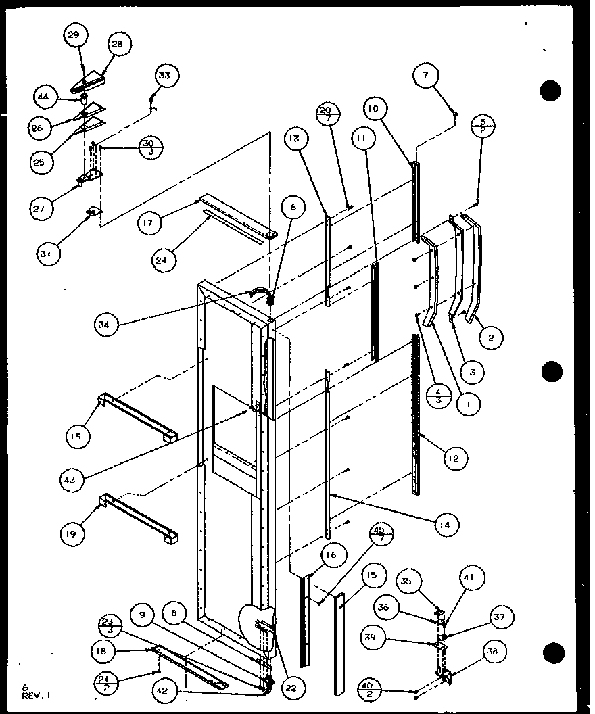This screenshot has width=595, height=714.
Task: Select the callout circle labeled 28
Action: (x=117, y=44)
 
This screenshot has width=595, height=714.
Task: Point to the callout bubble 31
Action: (x=47, y=254)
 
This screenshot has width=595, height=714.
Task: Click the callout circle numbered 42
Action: (x=166, y=692)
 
